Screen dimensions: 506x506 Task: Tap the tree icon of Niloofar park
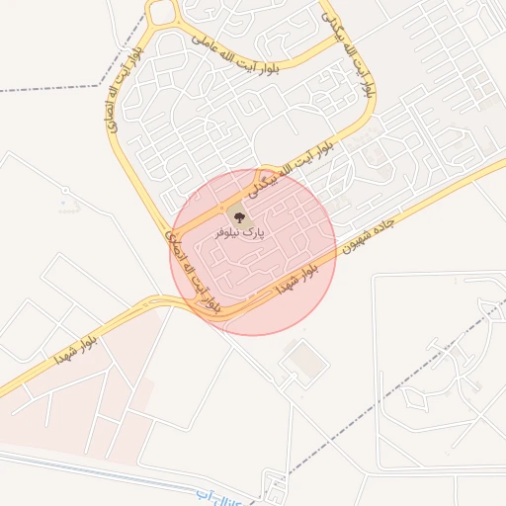237,214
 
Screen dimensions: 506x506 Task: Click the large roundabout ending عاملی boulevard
161,13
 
